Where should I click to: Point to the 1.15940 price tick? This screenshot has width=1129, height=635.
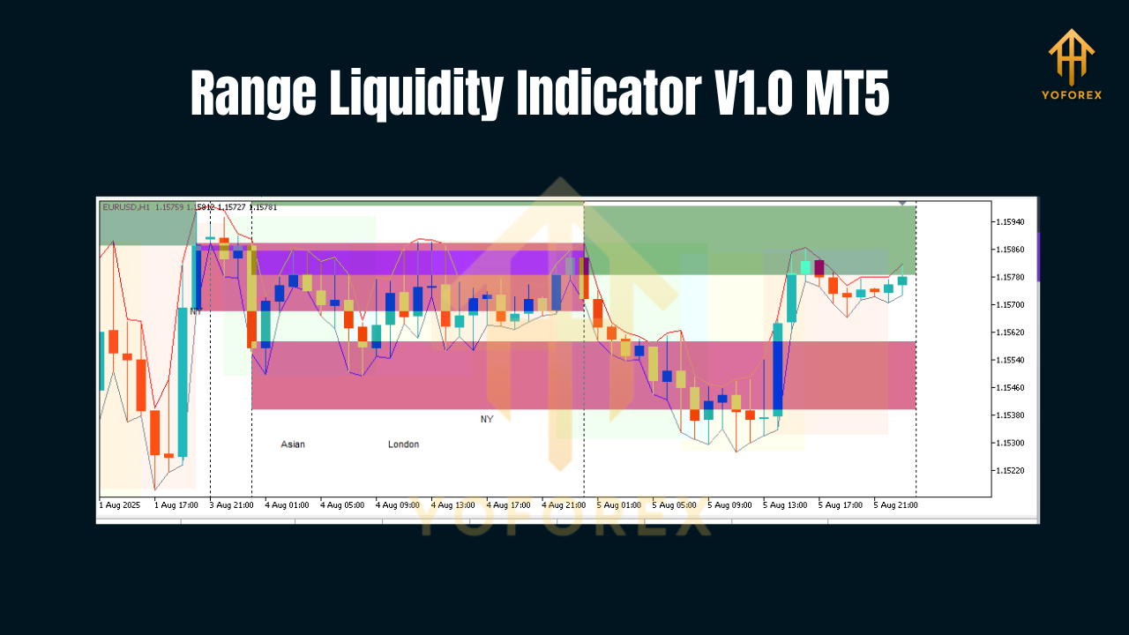tap(1010, 222)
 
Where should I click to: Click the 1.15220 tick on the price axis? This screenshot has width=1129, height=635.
tap(1010, 471)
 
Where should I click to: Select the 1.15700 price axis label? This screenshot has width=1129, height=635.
tap(1010, 305)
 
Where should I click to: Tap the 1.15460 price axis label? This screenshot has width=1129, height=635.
tap(1010, 388)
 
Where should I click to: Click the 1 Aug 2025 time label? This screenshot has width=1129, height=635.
tap(120, 505)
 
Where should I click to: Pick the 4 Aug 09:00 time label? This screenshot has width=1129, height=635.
tap(398, 505)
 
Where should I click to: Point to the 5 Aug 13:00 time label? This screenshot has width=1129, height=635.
tap(785, 505)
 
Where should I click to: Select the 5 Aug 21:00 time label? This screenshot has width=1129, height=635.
tap(896, 505)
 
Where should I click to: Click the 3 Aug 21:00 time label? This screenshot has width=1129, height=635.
tap(232, 505)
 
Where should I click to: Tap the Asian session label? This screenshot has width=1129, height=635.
tap(293, 444)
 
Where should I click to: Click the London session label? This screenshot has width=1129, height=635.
tap(403, 444)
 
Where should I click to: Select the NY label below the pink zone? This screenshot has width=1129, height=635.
tap(487, 419)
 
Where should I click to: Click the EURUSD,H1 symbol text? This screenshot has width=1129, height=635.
tap(127, 207)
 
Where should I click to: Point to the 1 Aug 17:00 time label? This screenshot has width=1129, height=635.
tap(176, 505)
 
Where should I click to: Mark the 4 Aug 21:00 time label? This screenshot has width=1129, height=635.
tap(564, 505)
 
